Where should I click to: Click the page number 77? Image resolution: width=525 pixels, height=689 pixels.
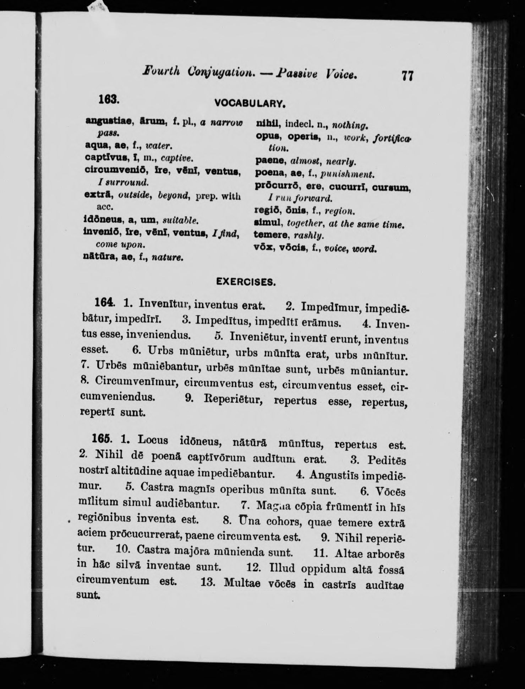point(408,76)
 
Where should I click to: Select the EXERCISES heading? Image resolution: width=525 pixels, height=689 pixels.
point(246,282)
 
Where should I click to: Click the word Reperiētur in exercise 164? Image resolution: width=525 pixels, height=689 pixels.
point(233,399)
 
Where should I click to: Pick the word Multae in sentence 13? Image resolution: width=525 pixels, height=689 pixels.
point(242,583)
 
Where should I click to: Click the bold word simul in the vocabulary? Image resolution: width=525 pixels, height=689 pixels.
point(268,224)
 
